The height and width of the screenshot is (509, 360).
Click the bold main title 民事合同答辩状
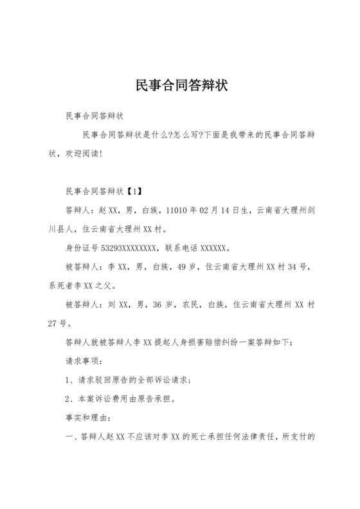pos(180,85)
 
